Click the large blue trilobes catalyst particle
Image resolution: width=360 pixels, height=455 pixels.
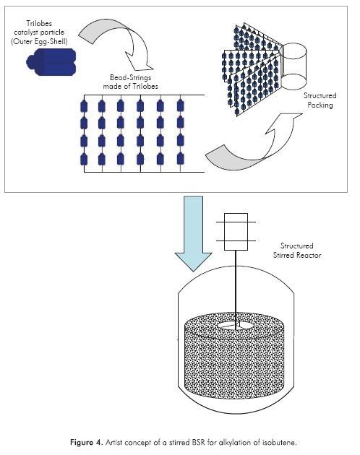pos(51,62)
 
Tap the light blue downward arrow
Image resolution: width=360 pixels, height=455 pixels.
pos(193,232)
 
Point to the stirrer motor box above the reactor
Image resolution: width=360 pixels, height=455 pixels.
pos(236,232)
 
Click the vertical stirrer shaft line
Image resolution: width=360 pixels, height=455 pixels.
pos(236,290)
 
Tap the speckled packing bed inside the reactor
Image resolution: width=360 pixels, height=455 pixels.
pos(236,363)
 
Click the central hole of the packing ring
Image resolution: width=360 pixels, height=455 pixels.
pos(236,326)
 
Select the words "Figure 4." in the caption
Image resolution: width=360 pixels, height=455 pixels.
pos(86,443)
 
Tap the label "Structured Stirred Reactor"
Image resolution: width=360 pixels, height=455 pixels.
pos(297,251)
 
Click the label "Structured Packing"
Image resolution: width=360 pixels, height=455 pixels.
pos(320,100)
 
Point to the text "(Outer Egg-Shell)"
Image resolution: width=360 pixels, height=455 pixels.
pos(39,41)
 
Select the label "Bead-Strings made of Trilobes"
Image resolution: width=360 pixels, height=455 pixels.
pos(130,82)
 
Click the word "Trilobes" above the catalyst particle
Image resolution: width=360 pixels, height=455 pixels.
pos(39,23)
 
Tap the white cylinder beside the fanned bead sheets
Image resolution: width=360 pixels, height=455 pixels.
pos(293,66)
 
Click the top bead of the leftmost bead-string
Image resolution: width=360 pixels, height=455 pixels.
pos(84,106)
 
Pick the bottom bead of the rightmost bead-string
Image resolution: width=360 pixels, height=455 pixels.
pos(180,159)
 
